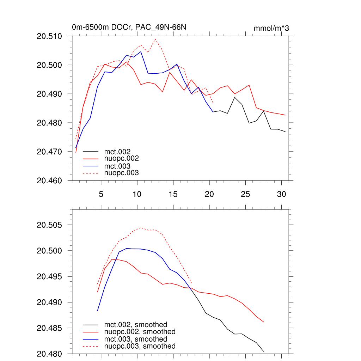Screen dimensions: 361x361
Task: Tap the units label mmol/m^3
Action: tap(271, 28)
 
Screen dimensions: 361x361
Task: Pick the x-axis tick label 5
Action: tap(101, 194)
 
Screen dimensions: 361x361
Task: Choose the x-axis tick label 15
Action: tap(173, 194)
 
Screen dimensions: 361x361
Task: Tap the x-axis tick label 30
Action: tap(281, 194)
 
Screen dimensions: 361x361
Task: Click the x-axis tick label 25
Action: tap(245, 194)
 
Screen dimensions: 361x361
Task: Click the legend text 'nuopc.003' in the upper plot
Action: tap(121, 173)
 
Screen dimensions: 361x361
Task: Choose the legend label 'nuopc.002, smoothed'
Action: tap(140, 332)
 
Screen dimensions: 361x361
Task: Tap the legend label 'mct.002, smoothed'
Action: tap(135, 325)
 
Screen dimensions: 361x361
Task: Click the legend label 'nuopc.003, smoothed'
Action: tap(140, 346)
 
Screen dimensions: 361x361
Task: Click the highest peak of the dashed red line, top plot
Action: tap(155, 39)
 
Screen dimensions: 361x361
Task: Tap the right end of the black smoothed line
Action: tap(263, 351)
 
